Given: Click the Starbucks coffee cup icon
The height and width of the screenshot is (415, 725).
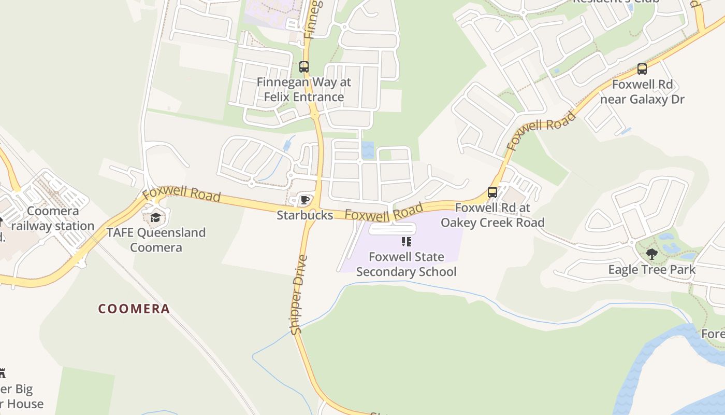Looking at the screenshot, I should click(305, 200).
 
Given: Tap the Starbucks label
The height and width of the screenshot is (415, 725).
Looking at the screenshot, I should click(304, 215).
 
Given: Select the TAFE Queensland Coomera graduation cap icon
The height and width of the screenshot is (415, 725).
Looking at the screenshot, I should click(155, 217).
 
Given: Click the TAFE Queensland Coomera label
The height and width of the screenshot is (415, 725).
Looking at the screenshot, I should click(156, 240).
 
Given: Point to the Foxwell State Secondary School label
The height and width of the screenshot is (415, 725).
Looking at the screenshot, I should click(407, 264).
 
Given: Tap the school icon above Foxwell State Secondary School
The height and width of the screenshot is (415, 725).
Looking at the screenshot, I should click(407, 242).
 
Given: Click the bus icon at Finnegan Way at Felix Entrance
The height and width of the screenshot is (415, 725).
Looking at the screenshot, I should click(304, 67).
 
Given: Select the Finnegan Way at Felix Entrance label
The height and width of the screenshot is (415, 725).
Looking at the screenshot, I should click(304, 89).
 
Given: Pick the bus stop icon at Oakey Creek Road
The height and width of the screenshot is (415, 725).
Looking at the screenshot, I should click(492, 192).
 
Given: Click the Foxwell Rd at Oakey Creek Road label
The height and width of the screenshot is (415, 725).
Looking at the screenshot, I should click(492, 215).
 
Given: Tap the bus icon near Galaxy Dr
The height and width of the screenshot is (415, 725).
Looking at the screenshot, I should click(642, 68).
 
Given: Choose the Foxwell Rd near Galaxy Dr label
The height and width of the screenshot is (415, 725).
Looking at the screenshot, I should click(642, 91).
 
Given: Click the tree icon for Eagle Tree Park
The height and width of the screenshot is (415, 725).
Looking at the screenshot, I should click(652, 254).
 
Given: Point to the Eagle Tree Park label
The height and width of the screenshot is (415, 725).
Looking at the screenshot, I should click(652, 270).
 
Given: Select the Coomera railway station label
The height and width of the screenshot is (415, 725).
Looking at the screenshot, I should click(53, 218).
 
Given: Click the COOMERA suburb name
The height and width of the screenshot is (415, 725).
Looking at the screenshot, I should click(134, 309).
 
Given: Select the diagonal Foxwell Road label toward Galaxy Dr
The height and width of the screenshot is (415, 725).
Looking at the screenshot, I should click(542, 130).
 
